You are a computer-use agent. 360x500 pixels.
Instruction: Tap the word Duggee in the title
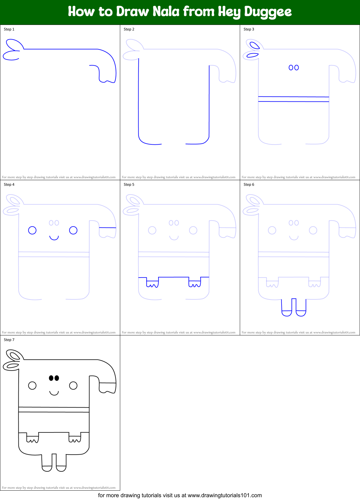(x=268, y=12)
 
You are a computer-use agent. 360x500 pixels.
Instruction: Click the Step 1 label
(x=9, y=29)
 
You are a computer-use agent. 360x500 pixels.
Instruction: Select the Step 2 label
(x=129, y=29)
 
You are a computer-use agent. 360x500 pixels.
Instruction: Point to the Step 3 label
(x=249, y=29)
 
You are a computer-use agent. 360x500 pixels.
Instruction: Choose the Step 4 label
(x=9, y=185)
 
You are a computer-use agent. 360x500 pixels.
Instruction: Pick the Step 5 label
(x=129, y=185)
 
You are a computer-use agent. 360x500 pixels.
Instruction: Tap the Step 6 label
(x=249, y=185)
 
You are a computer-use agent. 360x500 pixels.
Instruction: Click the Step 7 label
(x=9, y=340)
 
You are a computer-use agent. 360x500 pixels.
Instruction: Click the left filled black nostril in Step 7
(x=51, y=378)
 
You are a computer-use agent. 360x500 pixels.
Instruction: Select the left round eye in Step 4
(x=32, y=230)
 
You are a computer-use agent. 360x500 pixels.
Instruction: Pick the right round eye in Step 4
(x=73, y=230)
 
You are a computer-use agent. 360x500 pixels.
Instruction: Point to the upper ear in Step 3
(x=255, y=45)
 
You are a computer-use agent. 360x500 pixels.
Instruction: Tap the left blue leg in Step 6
(x=287, y=308)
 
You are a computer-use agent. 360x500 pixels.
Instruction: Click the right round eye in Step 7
(x=73, y=386)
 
